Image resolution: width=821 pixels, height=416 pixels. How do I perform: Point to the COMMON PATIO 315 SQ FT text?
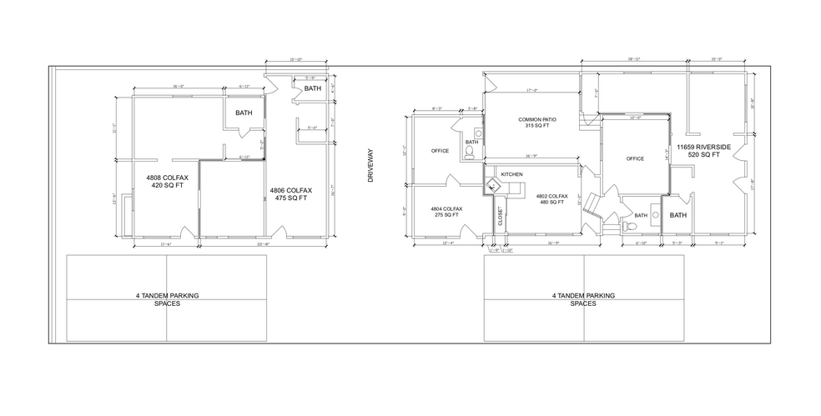pos(536,123)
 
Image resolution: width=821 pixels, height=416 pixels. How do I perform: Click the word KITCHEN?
pos(511,174)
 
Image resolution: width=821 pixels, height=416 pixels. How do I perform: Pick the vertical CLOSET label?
pos(500,217)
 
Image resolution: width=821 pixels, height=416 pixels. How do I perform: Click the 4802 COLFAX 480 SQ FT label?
pos(552,199)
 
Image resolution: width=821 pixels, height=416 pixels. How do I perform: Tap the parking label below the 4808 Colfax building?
pos(166,299)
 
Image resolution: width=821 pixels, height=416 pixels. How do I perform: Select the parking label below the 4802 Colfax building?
pos(583,299)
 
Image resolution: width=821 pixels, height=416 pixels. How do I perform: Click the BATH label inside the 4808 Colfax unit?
pos(244,113)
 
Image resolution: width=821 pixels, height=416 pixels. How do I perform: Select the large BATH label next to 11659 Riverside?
pos(678,215)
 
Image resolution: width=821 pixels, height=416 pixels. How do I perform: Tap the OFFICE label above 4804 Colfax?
pos(440,151)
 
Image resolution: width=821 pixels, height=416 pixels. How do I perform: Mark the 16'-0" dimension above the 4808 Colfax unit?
pos(177,86)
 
